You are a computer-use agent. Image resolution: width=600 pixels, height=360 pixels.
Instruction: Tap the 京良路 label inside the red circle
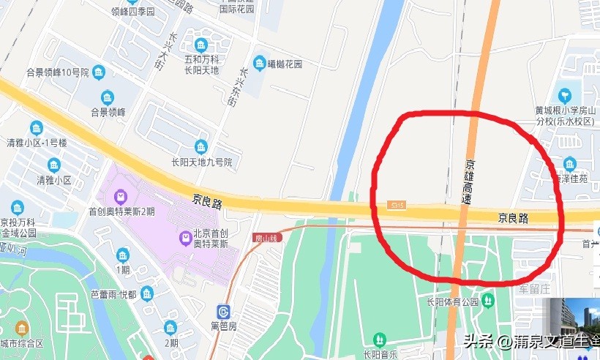pos(513,217)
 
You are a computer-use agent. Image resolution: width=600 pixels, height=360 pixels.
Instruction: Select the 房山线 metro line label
pos(267,238)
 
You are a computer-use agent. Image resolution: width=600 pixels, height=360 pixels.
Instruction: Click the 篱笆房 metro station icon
pos(222,312)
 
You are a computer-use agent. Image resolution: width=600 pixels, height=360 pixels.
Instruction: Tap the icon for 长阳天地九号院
pos(201,146)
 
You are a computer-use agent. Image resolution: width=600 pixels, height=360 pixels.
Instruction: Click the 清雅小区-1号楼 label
pos(37,143)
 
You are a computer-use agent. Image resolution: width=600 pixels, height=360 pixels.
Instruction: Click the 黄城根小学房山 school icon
pos(563,95)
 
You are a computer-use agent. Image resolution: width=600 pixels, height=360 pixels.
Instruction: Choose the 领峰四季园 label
pos(132,12)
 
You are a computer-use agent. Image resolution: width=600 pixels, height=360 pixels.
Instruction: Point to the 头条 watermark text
pos(475,341)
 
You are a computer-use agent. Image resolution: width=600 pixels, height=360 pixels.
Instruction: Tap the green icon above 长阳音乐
pos(380,340)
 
